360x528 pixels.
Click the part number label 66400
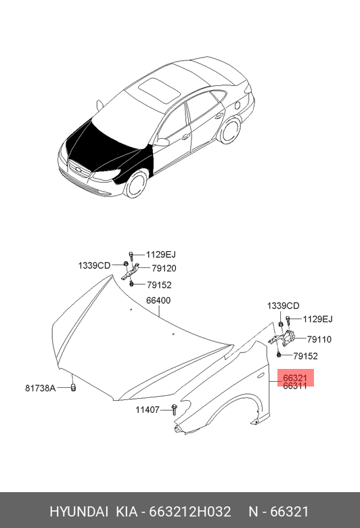pyautogui.click(x=158, y=300)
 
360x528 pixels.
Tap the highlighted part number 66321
pyautogui.click(x=295, y=378)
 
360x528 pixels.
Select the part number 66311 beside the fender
pyautogui.click(x=295, y=386)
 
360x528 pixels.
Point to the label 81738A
pyautogui.click(x=41, y=389)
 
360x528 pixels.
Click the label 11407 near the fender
pyautogui.click(x=147, y=410)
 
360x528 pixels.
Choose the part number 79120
pyautogui.click(x=164, y=268)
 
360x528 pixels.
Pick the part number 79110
pyautogui.click(x=319, y=339)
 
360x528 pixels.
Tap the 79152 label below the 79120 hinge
pyautogui.click(x=159, y=285)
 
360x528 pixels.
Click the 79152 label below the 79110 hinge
pyautogui.click(x=305, y=356)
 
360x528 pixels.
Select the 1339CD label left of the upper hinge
pyautogui.click(x=94, y=265)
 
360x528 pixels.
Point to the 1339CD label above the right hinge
pyautogui.click(x=284, y=306)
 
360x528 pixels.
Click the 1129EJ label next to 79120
pyautogui.click(x=161, y=255)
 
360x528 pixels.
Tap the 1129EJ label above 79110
pyautogui.click(x=317, y=319)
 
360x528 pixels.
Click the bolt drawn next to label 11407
pyautogui.click(x=175, y=410)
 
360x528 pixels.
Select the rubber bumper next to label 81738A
pyautogui.click(x=73, y=388)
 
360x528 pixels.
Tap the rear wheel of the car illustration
pyautogui.click(x=230, y=130)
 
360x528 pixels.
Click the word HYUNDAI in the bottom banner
pyautogui.click(x=78, y=512)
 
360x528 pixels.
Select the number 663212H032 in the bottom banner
pyautogui.click(x=190, y=512)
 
